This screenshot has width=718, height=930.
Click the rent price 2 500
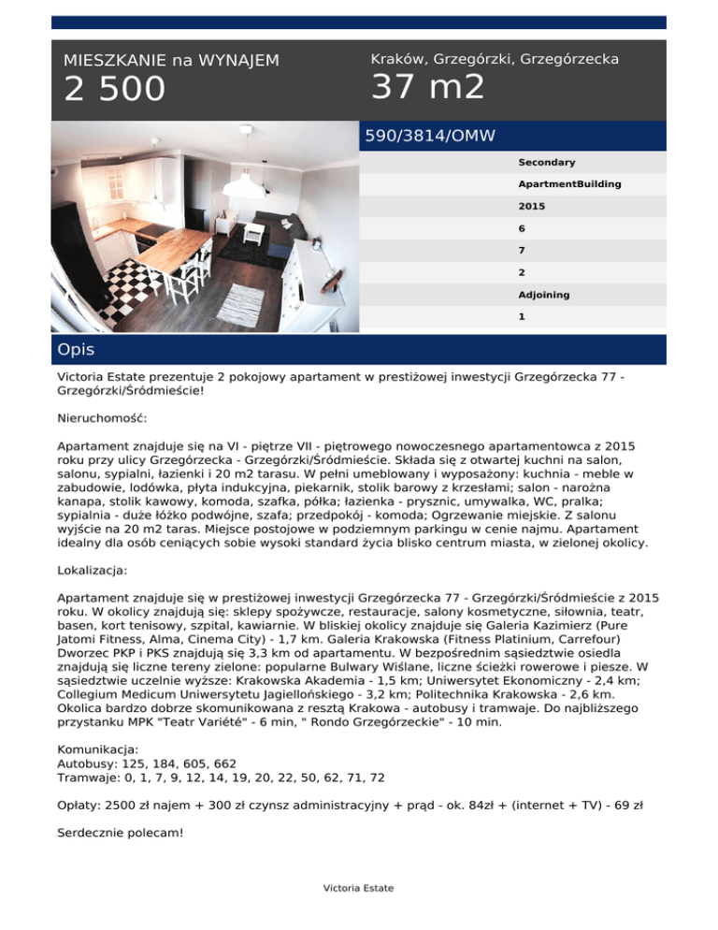114,90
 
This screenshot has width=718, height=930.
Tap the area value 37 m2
428,87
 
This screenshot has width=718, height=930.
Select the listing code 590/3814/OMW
430,137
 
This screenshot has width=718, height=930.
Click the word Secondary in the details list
547,163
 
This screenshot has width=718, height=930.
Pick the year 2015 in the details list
532,206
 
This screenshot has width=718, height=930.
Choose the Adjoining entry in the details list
544,295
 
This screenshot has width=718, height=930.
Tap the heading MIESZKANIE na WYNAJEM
171,60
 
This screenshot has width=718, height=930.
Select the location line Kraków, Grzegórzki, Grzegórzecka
495,59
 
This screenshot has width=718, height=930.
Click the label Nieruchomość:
108,415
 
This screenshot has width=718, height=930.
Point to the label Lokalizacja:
97,568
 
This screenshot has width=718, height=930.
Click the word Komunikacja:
98,749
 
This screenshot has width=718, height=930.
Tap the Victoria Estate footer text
358,888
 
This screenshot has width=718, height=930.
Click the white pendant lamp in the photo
249,182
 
